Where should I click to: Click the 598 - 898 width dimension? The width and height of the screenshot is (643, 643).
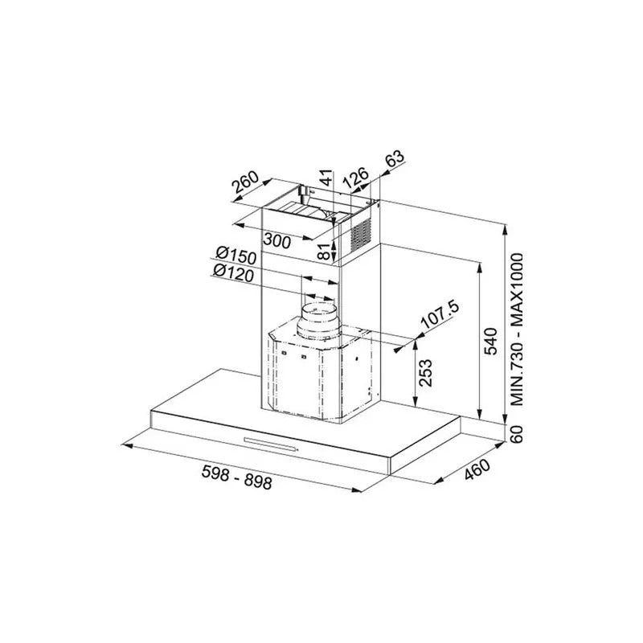point(236,477)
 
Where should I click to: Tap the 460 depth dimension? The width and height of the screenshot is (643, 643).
point(477,469)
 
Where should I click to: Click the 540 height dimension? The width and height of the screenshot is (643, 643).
point(490,341)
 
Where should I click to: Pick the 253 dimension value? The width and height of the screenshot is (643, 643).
point(425,373)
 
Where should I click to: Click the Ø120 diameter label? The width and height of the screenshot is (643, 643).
point(233,273)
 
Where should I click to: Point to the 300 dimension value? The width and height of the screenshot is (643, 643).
point(276,240)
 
